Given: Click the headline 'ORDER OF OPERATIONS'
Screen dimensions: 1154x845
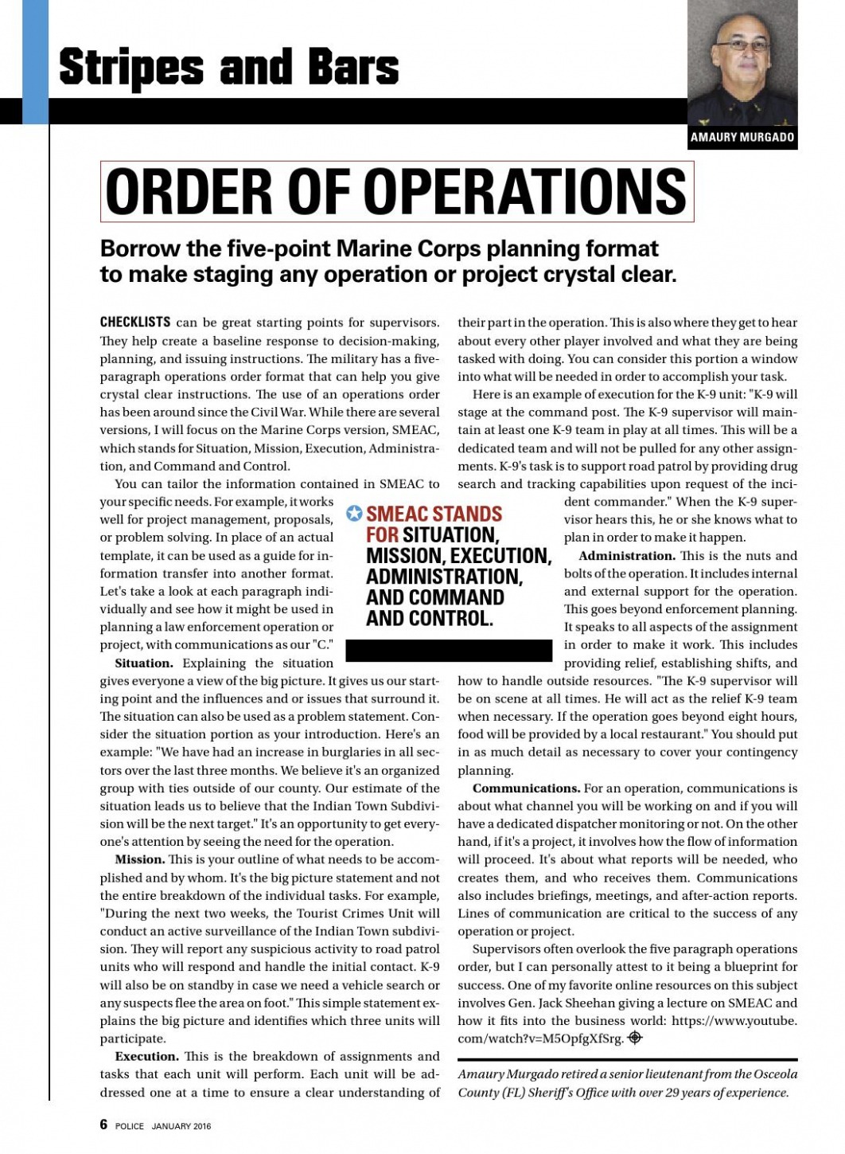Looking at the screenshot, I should click(395, 192).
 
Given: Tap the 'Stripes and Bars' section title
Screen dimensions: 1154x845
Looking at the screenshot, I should click(228, 67).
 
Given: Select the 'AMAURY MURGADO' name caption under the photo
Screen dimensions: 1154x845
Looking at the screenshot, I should click(742, 137).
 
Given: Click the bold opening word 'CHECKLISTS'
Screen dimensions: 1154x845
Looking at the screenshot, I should click(134, 323).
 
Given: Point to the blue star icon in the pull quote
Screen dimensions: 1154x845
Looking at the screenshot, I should click(354, 514).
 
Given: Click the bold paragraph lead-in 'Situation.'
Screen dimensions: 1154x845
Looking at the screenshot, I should click(144, 663).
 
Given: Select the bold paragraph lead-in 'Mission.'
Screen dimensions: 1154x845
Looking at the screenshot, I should click(140, 860).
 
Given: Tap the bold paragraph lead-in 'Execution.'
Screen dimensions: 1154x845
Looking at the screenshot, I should click(146, 1057).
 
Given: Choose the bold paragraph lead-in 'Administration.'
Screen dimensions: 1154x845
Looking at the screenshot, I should click(627, 556).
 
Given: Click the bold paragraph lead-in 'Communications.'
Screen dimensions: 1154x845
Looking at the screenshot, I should click(526, 788).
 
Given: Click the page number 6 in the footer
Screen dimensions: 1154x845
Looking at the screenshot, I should click(103, 1125).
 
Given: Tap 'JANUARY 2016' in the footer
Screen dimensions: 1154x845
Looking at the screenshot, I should click(181, 1126).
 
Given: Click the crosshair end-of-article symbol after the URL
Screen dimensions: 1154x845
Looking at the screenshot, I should click(634, 1038).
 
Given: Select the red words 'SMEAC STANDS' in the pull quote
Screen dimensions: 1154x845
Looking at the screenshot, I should click(434, 514).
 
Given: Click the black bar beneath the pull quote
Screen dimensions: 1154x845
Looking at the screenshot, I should click(449, 650).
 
